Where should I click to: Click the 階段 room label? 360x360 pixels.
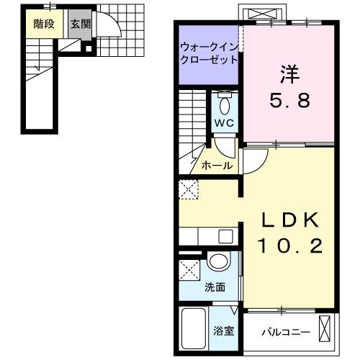[44, 24]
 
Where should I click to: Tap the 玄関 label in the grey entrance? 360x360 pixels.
[81, 24]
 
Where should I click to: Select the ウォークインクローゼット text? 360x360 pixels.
[209, 53]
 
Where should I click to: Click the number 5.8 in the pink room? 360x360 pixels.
[290, 100]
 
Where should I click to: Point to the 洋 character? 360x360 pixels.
[289, 74]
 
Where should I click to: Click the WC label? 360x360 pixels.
[224, 123]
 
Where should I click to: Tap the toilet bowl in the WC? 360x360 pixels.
[225, 106]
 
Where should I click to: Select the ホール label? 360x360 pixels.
[217, 166]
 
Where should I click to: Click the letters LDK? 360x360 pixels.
[290, 220]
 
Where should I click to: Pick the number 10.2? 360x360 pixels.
[290, 246]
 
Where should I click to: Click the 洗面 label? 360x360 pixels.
[215, 287]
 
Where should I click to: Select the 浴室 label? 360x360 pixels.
[224, 331]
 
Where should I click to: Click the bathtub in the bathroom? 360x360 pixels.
[194, 328]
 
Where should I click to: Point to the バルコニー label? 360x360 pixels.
[286, 333]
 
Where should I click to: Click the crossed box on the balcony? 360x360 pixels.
[325, 328]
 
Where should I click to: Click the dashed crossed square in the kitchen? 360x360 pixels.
[189, 189]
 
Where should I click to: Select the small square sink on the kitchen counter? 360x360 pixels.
[225, 236]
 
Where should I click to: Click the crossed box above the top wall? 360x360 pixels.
[262, 14]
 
